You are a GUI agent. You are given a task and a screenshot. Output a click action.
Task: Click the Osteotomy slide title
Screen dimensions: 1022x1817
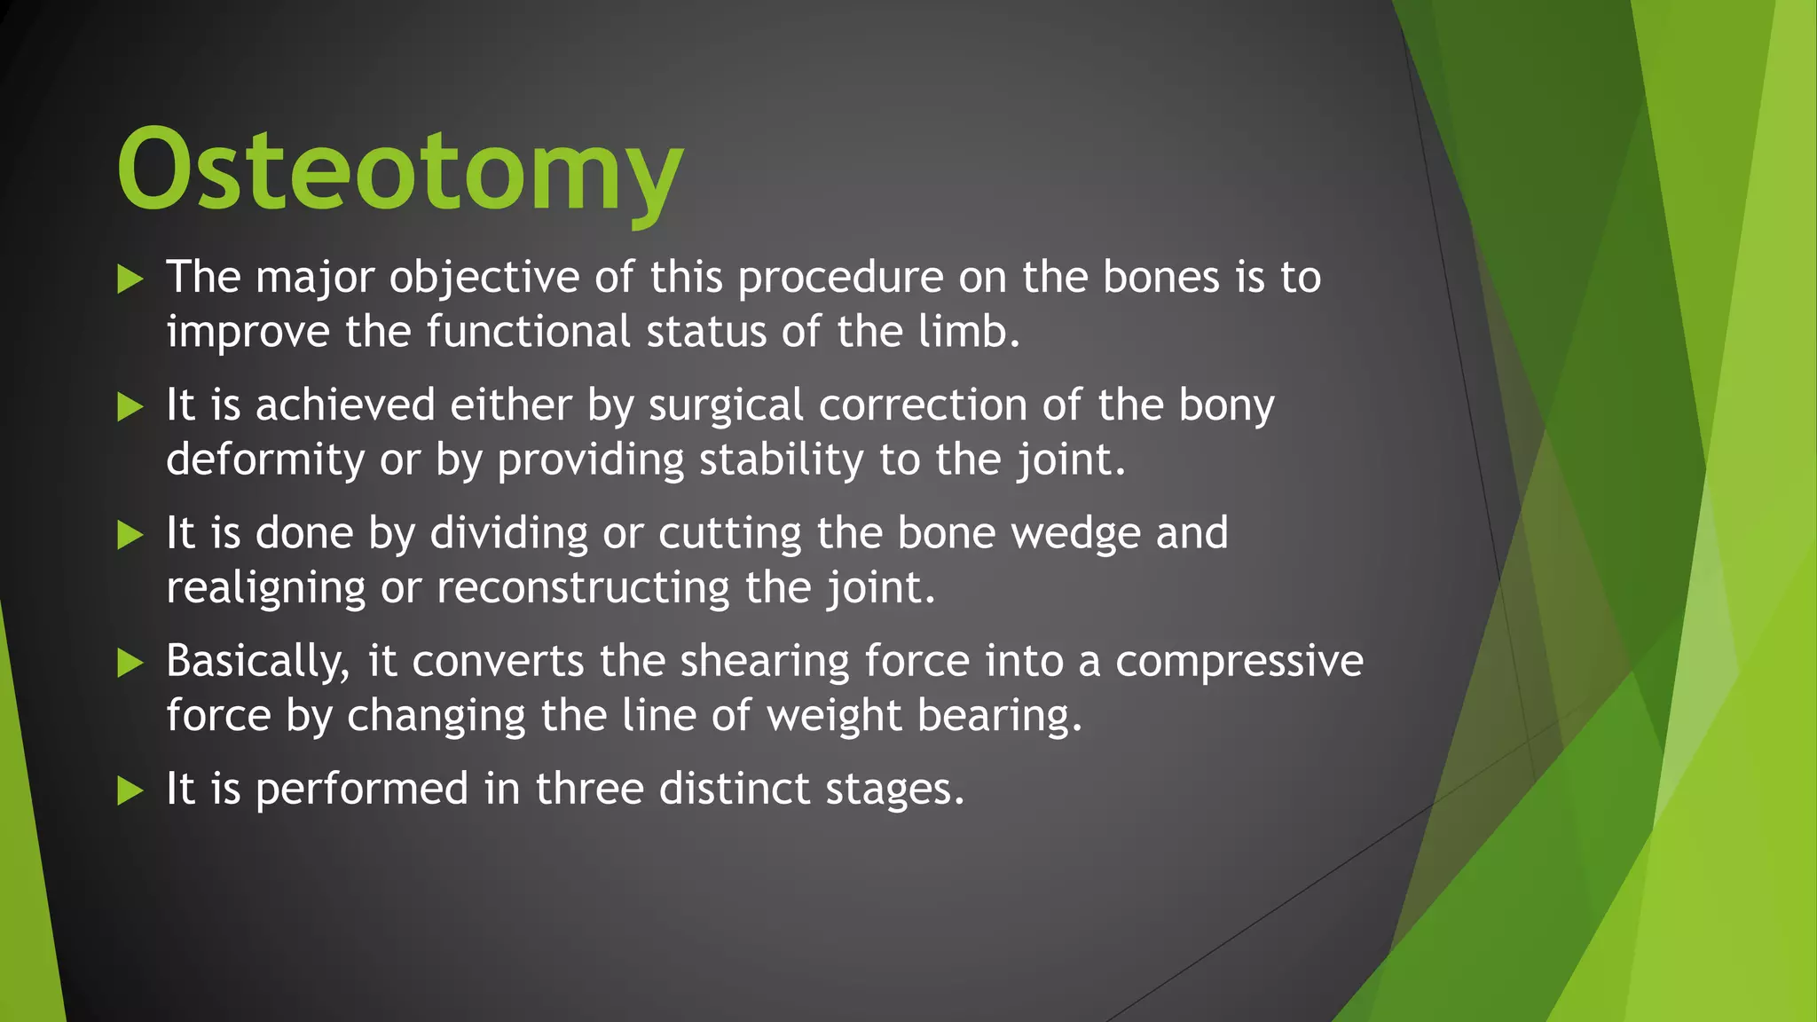[x=399, y=170]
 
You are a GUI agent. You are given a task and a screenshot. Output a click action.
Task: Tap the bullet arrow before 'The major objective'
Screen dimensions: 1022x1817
[x=130, y=280]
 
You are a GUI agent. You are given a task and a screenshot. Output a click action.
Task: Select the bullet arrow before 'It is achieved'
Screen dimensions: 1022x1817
[x=130, y=408]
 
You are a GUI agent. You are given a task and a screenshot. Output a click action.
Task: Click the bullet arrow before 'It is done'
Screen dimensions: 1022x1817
[x=130, y=535]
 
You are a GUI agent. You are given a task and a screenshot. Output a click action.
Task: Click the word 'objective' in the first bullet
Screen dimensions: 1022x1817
[x=484, y=279]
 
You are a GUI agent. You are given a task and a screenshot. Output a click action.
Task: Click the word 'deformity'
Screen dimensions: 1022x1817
[x=265, y=460]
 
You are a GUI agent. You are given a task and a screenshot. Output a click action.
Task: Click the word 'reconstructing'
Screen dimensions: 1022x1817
[x=583, y=588]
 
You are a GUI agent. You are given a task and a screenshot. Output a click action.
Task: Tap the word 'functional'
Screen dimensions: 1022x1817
[x=529, y=332]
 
